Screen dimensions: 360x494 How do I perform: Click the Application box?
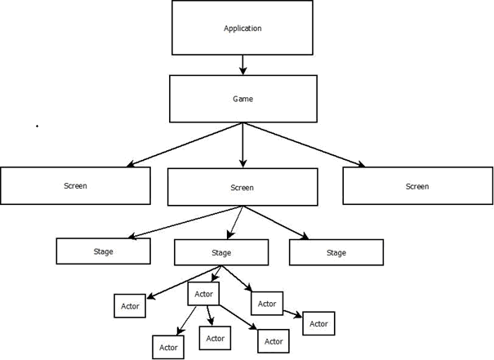point(243,28)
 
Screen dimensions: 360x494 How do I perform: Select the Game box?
point(243,99)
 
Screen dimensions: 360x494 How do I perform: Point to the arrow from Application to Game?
point(243,65)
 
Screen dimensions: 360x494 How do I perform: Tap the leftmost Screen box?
point(75,186)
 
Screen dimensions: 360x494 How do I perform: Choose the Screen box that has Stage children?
point(243,187)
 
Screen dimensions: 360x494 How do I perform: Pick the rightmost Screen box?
point(417,186)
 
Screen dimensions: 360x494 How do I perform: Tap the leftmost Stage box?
point(103,251)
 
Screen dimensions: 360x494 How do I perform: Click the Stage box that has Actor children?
point(221,252)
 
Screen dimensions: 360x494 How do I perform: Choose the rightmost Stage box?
point(336,252)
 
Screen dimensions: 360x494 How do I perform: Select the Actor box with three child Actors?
point(204,294)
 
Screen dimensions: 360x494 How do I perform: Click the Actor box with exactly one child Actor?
point(267,304)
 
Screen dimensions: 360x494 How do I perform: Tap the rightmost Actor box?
point(318,323)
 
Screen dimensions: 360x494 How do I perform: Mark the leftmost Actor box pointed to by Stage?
point(130,307)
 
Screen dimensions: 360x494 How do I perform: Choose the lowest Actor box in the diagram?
point(168,347)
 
